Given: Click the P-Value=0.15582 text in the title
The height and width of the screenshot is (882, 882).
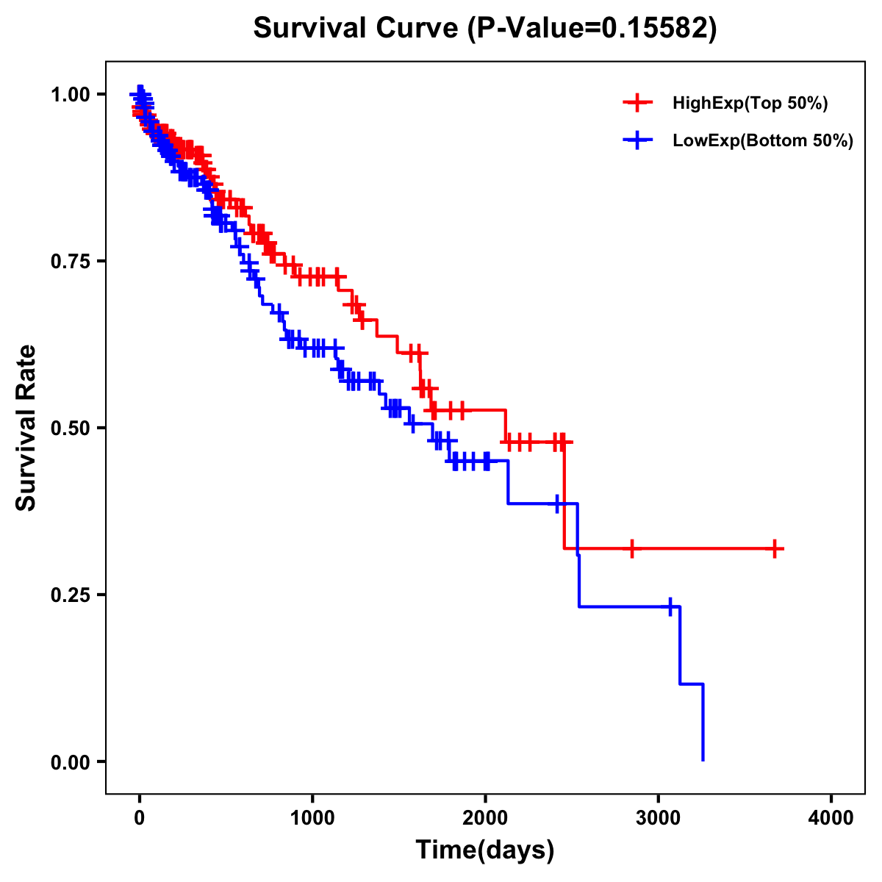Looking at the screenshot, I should pyautogui.click(x=593, y=28).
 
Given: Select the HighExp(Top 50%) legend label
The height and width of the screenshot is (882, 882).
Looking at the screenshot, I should pyautogui.click(x=750, y=104).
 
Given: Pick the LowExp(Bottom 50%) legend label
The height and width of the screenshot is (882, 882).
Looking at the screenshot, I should pyautogui.click(x=762, y=141).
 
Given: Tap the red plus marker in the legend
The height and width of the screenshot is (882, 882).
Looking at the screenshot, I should pyautogui.click(x=637, y=104).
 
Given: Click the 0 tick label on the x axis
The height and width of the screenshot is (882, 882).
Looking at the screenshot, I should pyautogui.click(x=140, y=818).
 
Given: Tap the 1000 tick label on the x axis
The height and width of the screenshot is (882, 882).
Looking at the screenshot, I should pyautogui.click(x=312, y=818).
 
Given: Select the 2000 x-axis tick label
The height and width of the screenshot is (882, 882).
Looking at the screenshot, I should pyautogui.click(x=485, y=818).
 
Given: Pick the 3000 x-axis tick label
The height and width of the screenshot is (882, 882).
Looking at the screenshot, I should pyautogui.click(x=659, y=818).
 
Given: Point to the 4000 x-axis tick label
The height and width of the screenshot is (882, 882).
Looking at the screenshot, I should pyautogui.click(x=831, y=818).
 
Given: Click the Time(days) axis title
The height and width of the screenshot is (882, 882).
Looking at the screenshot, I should pyautogui.click(x=485, y=850).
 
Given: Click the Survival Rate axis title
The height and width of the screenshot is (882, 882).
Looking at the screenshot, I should pyautogui.click(x=26, y=428).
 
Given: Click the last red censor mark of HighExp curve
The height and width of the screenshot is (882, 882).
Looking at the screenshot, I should pyautogui.click(x=775, y=548).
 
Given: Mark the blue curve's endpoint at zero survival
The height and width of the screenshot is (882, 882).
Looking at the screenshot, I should pyautogui.click(x=703, y=760).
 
